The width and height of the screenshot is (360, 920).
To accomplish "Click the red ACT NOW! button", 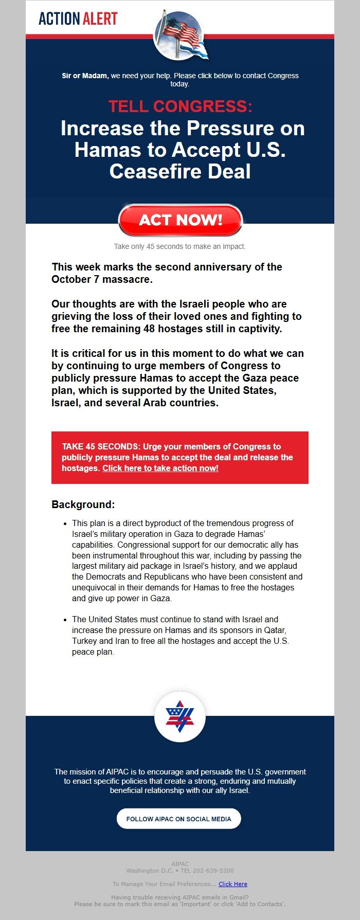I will pyautogui.click(x=180, y=220).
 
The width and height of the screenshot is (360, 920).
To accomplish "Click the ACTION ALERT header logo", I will pyautogui.click(x=78, y=19).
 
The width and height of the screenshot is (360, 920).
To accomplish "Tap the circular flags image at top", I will pyautogui.click(x=179, y=35).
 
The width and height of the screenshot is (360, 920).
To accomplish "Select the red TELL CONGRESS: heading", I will pyautogui.click(x=180, y=106).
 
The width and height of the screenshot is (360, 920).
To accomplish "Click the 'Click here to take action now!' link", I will pyautogui.click(x=160, y=468).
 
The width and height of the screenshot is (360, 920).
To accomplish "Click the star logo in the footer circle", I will pyautogui.click(x=179, y=716).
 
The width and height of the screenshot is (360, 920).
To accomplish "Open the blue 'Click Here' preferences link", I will pyautogui.click(x=233, y=884).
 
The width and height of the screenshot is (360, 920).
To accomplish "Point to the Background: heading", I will pyautogui.click(x=83, y=504).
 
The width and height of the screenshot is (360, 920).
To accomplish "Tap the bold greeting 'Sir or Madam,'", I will pyautogui.click(x=85, y=76).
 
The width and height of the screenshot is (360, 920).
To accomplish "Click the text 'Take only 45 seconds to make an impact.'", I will pyautogui.click(x=180, y=246).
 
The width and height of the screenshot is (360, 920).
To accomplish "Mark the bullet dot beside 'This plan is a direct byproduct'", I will pyautogui.click(x=65, y=524).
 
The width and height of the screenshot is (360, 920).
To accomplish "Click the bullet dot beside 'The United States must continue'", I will pyautogui.click(x=65, y=620).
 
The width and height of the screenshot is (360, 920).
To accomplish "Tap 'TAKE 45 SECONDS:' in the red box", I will pyautogui.click(x=101, y=446).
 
